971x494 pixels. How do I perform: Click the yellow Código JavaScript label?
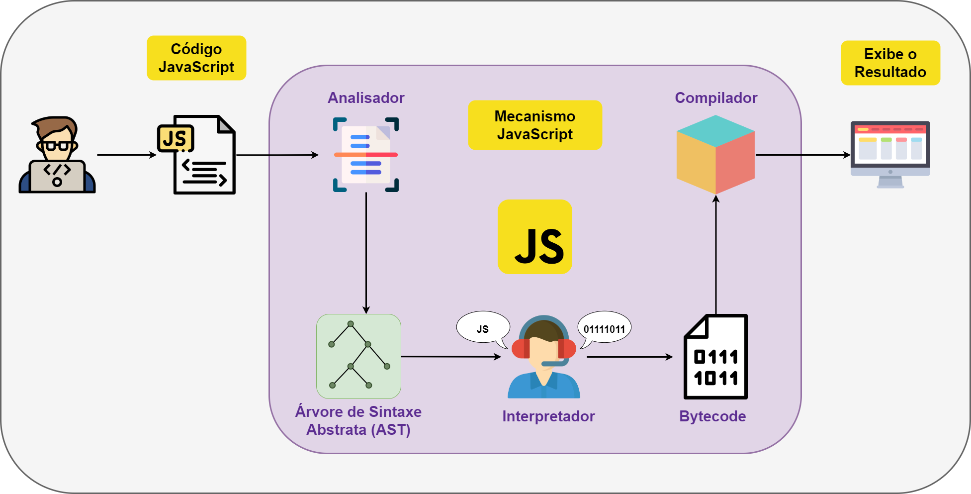196,58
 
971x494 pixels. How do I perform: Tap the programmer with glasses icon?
57,155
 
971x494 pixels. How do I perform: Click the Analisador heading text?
366,98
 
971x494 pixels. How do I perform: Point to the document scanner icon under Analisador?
366,155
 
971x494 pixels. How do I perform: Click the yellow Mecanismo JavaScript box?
535,125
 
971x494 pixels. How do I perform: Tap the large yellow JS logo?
535,237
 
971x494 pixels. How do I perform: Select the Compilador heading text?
716,98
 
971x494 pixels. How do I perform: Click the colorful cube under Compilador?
715,155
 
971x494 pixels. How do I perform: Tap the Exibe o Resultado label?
890,63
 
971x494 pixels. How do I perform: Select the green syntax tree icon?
358,356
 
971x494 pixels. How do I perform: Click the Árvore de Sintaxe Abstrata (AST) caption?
358,420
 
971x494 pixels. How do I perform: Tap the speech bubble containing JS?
483,328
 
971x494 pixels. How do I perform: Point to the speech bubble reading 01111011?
604,328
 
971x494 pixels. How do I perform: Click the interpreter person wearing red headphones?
544,358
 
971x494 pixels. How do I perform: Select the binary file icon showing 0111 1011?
715,357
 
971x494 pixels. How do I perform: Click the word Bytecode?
712,416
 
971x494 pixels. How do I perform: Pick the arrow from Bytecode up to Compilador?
716,254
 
